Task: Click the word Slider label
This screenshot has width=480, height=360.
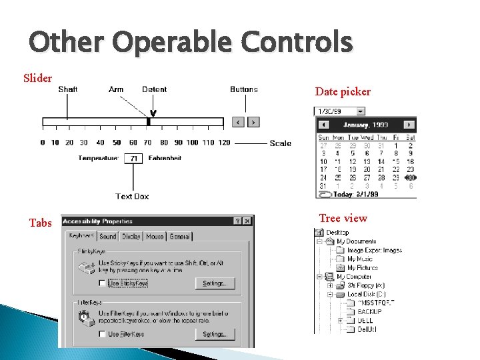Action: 37,79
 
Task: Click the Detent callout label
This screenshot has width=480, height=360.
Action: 154,89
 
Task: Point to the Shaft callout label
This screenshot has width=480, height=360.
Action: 67,89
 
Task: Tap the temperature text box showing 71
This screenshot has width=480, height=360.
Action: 133,159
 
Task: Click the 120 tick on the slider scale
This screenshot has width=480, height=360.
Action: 224,143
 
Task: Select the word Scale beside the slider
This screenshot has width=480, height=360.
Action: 280,143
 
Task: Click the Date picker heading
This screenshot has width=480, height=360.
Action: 343,92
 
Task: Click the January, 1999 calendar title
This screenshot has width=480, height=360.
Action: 365,125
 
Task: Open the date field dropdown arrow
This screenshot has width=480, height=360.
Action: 361,111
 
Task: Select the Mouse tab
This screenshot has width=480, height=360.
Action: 155,237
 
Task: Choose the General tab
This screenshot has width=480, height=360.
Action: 179,237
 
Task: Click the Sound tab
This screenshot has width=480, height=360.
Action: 107,237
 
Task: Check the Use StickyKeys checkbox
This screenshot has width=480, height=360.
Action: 102,283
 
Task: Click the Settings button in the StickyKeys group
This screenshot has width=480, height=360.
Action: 215,283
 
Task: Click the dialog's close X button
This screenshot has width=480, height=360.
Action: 248,221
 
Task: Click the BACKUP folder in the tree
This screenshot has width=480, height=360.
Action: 369,311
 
